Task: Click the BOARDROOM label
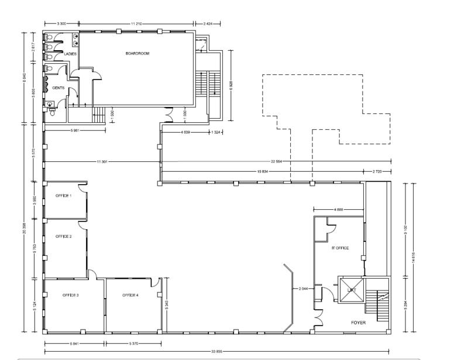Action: (137, 53)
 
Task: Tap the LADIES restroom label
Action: (71, 54)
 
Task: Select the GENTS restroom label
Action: (58, 88)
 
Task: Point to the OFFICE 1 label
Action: (63, 195)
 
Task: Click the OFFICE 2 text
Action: (63, 236)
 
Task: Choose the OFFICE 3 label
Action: (70, 295)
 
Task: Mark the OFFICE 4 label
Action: (130, 295)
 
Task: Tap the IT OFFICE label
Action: (340, 248)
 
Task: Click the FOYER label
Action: (359, 323)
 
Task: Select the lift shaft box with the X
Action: (352, 289)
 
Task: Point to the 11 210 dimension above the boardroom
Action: (137, 23)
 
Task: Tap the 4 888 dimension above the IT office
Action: (338, 209)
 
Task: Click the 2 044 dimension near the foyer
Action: (303, 289)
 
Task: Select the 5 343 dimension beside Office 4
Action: (168, 304)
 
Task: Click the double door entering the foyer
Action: (318, 319)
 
